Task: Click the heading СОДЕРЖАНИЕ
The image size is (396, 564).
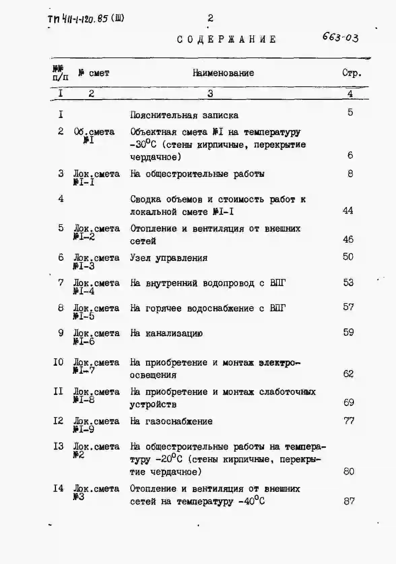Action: pyautogui.click(x=227, y=39)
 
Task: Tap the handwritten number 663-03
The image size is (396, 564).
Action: pyautogui.click(x=340, y=37)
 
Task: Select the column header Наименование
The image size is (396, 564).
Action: pyautogui.click(x=223, y=73)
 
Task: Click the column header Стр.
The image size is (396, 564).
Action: pyautogui.click(x=352, y=73)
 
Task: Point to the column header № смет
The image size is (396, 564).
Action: pyautogui.click(x=94, y=73)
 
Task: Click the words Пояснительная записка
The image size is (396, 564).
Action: pyautogui.click(x=184, y=115)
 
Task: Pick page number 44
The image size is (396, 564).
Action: pyautogui.click(x=348, y=211)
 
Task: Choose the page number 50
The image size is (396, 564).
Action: pyautogui.click(x=348, y=257)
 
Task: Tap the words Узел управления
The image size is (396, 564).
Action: pyautogui.click(x=169, y=258)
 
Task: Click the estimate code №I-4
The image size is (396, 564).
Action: pyautogui.click(x=84, y=291)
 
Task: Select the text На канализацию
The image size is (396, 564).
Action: pyautogui.click(x=166, y=333)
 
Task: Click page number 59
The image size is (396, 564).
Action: pyautogui.click(x=348, y=332)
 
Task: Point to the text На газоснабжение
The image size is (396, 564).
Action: pyautogui.click(x=171, y=421)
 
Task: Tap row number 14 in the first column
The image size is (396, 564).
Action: pyautogui.click(x=58, y=488)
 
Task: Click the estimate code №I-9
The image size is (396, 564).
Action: pyautogui.click(x=84, y=430)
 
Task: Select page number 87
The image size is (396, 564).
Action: pyautogui.click(x=349, y=501)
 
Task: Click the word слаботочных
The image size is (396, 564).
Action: pyautogui.click(x=287, y=392)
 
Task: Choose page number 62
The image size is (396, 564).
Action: pyautogui.click(x=348, y=374)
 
